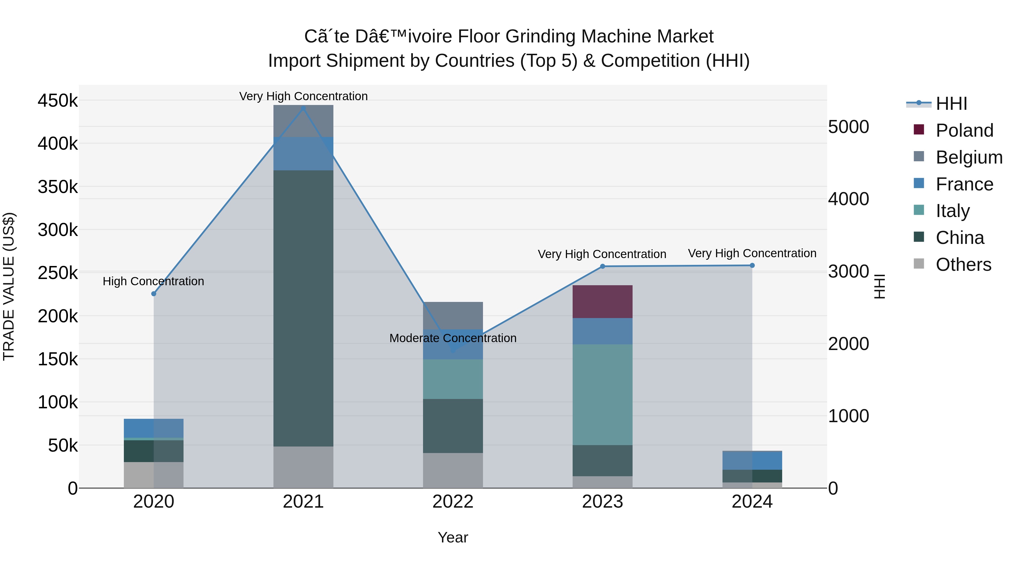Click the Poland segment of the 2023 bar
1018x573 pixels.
coord(602,302)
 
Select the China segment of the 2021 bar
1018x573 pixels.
coord(303,308)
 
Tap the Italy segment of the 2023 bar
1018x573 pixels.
coord(602,395)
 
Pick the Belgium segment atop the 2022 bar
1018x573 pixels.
coord(453,316)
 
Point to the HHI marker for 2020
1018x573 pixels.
coord(154,294)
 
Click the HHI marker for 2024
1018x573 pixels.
coord(752,266)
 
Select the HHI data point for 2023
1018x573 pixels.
coord(602,267)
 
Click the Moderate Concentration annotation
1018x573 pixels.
coord(453,338)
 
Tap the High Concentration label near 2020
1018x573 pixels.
coord(153,282)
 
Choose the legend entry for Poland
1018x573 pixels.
coord(964,130)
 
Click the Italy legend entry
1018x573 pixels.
coord(952,211)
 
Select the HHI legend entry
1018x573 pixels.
coord(951,104)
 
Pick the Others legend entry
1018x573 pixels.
coord(963,265)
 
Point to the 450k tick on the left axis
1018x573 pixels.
coord(58,101)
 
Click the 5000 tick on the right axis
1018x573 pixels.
coord(848,127)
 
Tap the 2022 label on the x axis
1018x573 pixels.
coord(453,502)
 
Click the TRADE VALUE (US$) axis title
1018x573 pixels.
coord(9,286)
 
